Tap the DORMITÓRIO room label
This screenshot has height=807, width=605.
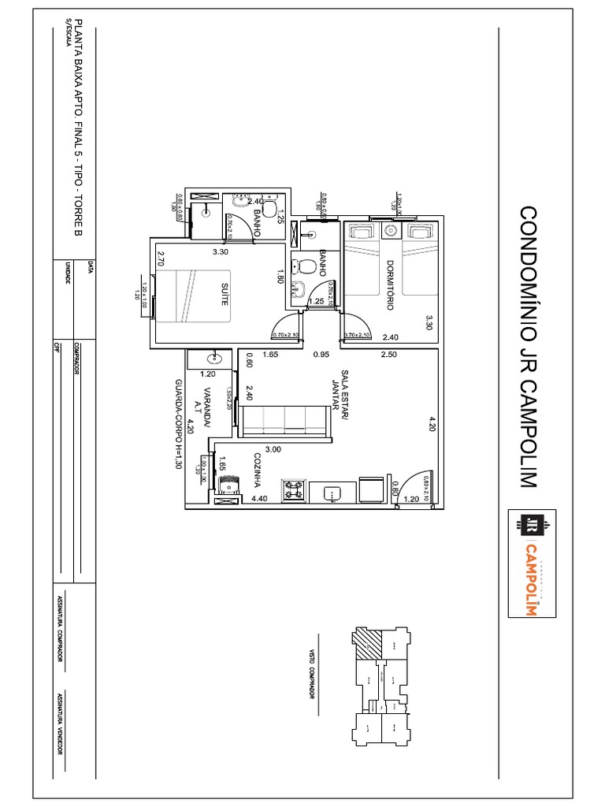[388, 285]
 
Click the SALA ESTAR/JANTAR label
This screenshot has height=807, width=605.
[340, 391]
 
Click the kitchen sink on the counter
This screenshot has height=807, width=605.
[332, 493]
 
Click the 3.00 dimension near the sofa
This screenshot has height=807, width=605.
[272, 449]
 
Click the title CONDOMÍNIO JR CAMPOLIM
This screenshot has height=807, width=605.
[528, 347]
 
